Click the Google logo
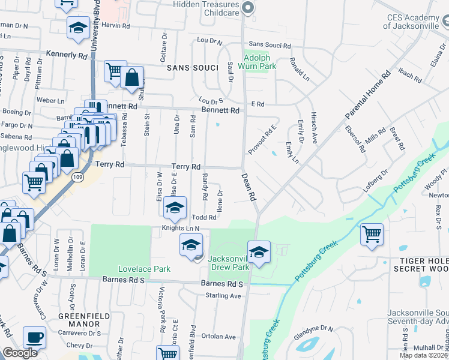(20, 353)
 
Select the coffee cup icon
(34, 337)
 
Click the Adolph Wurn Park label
(259, 62)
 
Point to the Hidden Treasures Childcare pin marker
(248, 8)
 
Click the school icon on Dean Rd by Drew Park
(259, 252)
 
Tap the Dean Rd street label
(249, 187)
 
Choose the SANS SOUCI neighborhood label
(192, 68)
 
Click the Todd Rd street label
(204, 217)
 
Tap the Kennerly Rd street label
(67, 55)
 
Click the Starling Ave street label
(223, 296)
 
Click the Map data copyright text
(424, 355)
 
